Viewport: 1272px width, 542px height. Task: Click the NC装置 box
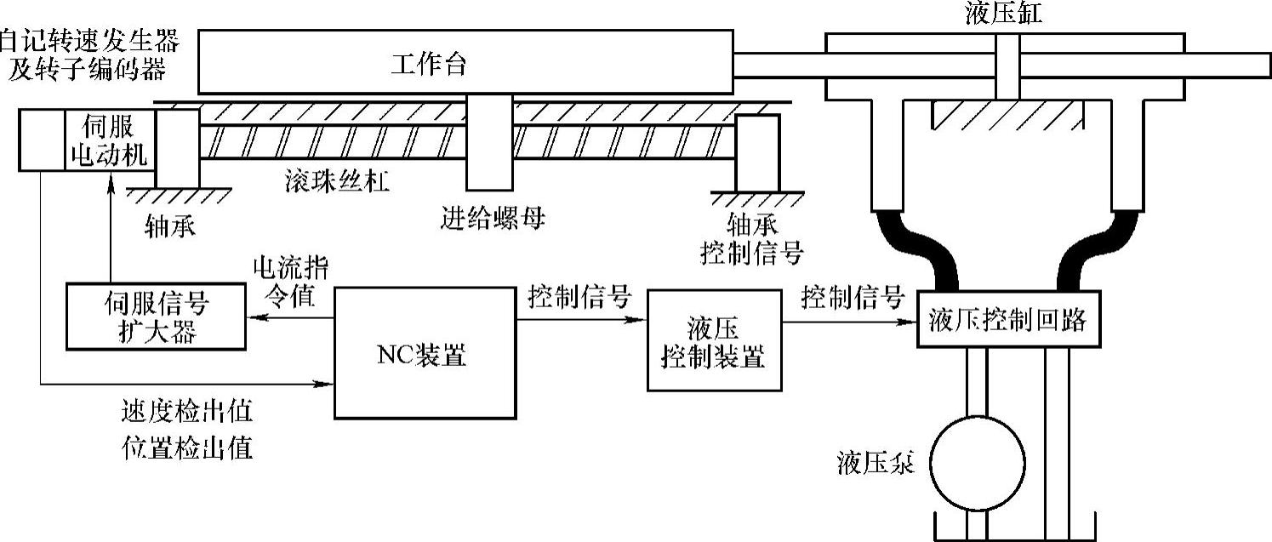(x=424, y=352)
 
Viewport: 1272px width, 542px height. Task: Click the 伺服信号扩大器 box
(x=156, y=317)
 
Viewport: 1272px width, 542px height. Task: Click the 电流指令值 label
(x=290, y=282)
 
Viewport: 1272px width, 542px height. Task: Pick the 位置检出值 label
(x=188, y=447)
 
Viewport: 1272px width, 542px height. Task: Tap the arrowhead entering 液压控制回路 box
(x=910, y=322)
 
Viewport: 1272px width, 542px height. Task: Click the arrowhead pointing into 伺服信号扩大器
(x=253, y=318)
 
